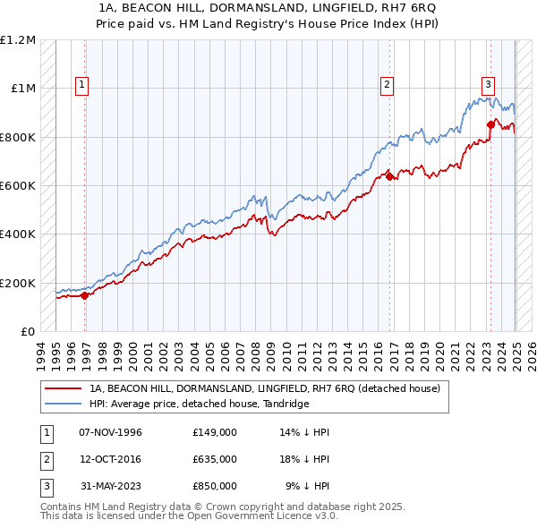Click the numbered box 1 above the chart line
pyautogui.click(x=81, y=85)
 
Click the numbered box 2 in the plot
pyautogui.click(x=388, y=85)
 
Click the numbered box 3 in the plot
pyautogui.click(x=489, y=85)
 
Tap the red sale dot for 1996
pyautogui.click(x=85, y=295)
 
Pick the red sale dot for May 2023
pyautogui.click(x=490, y=124)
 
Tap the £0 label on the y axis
pyautogui.click(x=27, y=331)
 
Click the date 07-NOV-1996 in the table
pyautogui.click(x=111, y=433)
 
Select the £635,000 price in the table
pyautogui.click(x=215, y=459)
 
